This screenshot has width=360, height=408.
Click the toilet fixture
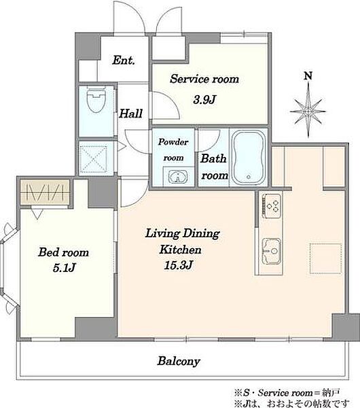[x=96, y=99]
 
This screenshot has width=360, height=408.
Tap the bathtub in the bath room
[x=248, y=158]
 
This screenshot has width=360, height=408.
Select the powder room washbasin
[x=178, y=176]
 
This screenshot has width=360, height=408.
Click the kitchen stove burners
[x=272, y=205]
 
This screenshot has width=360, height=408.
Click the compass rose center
[x=308, y=112]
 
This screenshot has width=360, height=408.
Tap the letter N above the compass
[x=308, y=75]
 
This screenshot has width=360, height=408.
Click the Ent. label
[x=124, y=61]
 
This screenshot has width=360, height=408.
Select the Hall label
[x=130, y=114]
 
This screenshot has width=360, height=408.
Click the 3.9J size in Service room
[x=205, y=100]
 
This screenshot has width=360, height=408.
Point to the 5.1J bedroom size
[x=64, y=268]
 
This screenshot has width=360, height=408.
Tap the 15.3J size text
[x=179, y=265]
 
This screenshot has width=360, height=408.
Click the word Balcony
[x=179, y=361]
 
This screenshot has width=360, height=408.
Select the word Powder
[x=173, y=142]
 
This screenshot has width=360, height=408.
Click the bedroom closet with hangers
[x=46, y=192]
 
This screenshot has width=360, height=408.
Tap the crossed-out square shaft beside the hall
[x=93, y=159]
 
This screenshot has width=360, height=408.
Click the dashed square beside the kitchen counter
[x=325, y=258]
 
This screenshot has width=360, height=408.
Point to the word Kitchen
[x=180, y=250]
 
